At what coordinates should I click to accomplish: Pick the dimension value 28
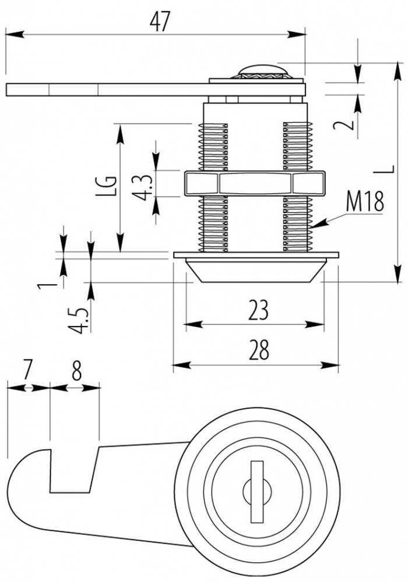click(259, 350)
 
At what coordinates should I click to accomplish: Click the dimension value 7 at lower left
click(27, 372)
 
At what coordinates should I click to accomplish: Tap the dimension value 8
click(76, 372)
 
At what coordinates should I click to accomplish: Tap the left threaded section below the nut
click(214, 224)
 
